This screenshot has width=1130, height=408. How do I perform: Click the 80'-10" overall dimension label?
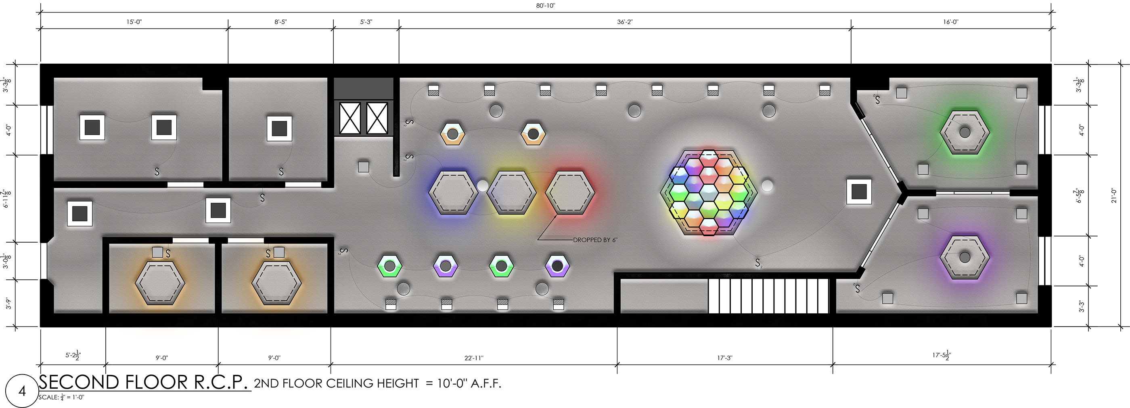(545, 6)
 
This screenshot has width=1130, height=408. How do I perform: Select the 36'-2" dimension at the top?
(625, 22)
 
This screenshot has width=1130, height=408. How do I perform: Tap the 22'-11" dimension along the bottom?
(474, 358)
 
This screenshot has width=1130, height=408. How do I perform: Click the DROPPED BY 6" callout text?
(595, 240)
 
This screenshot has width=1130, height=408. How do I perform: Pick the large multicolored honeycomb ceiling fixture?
(708, 193)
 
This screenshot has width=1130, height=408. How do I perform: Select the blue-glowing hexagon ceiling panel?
(453, 193)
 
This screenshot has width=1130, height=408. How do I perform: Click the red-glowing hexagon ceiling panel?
(570, 193)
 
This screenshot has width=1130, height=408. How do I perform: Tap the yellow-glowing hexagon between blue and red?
(511, 193)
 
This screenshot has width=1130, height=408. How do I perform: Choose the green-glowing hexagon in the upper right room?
(964, 132)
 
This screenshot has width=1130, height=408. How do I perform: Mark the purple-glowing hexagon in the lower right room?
(964, 257)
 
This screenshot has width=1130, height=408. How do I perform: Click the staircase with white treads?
(768, 296)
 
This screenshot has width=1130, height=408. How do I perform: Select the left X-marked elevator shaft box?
(350, 118)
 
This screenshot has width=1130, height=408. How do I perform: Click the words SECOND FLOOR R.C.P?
(144, 382)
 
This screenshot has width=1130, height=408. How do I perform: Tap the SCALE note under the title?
(61, 398)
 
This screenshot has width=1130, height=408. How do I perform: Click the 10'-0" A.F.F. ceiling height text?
(469, 383)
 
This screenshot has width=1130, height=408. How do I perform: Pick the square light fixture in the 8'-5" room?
(279, 128)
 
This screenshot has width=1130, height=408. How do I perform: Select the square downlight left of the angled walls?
(858, 192)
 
